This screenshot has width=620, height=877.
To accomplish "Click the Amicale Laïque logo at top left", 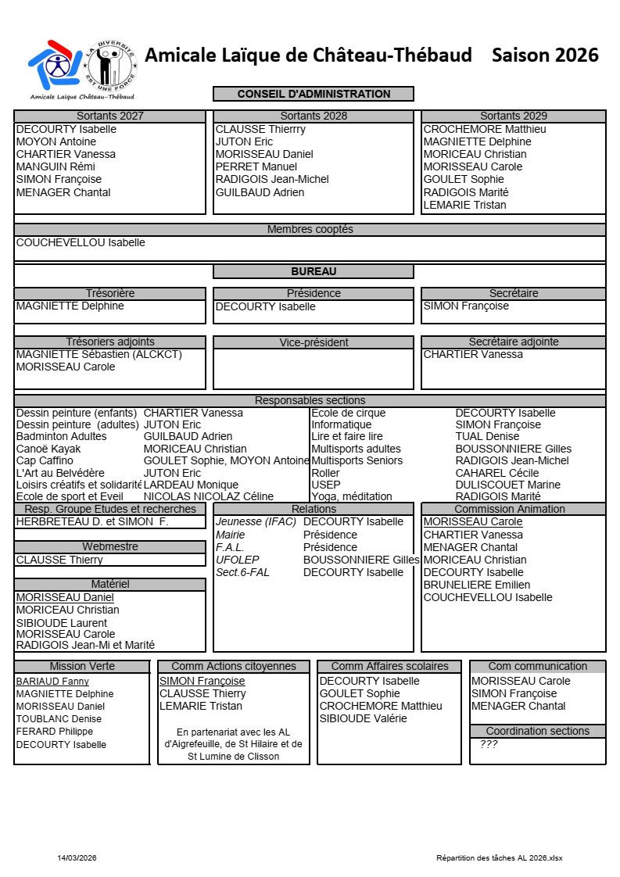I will click(81, 69).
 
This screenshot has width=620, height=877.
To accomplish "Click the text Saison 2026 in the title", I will click(545, 55).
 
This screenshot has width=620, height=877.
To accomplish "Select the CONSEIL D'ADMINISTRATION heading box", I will click(314, 94).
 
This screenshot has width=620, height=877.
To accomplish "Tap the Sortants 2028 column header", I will click(314, 116).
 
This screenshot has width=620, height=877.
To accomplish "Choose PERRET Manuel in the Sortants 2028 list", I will click(256, 166).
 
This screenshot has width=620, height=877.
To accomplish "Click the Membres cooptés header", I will click(310, 229).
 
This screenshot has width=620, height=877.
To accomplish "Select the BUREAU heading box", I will click(314, 271).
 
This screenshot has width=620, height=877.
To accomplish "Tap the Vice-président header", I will click(314, 342).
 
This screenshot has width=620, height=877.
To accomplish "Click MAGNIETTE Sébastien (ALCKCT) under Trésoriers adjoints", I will click(99, 354).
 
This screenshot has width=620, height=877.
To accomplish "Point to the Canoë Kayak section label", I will click(48, 449).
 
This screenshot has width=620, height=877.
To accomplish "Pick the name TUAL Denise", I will click(487, 436).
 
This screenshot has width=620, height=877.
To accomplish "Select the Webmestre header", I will click(109, 546).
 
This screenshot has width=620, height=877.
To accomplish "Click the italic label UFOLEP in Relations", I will click(237, 560).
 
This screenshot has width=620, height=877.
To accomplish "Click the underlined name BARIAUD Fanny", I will click(52, 681).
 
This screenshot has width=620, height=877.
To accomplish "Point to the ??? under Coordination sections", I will click(489, 744).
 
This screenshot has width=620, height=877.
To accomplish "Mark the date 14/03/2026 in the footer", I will click(77, 857).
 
